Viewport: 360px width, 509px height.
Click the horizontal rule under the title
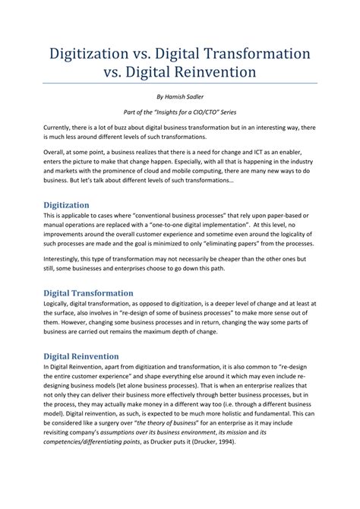click(180, 84)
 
